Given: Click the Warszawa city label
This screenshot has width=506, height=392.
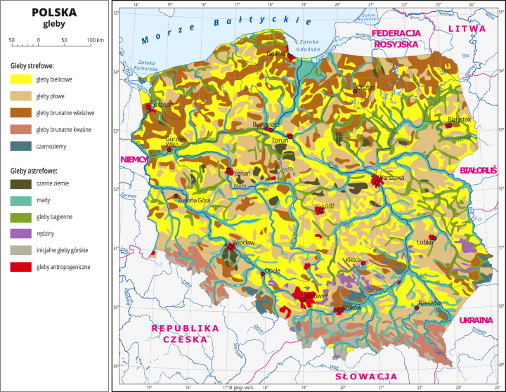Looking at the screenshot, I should [x=391, y=178].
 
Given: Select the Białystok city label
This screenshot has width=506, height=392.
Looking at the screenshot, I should [x=457, y=119].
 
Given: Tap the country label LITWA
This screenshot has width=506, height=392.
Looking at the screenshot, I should [x=467, y=29].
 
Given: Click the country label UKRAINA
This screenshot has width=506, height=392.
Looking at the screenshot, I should [x=478, y=320].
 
